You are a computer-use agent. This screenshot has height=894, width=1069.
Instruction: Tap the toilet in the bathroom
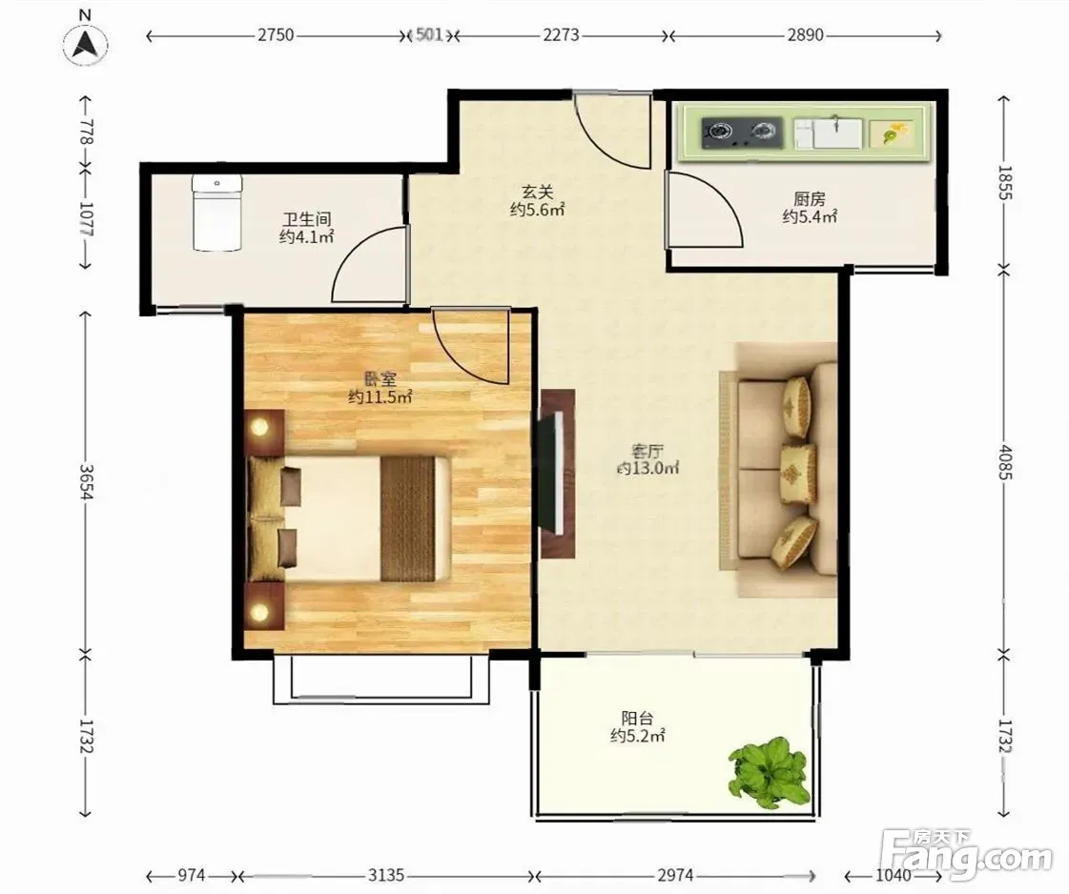click(x=216, y=212)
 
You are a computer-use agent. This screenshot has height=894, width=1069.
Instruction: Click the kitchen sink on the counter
click(x=828, y=132)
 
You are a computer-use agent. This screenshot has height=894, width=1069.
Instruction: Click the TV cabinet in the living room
click(x=558, y=474)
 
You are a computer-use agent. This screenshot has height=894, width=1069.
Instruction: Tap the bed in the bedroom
click(x=349, y=518)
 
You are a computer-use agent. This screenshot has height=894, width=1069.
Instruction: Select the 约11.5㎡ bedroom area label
click(x=380, y=396)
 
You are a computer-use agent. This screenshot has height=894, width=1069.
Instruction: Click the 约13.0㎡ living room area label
click(x=648, y=468)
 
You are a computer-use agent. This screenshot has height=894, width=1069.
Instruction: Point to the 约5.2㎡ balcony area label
click(x=637, y=736)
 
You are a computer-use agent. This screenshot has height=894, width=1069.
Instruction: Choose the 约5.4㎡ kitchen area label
click(x=810, y=216)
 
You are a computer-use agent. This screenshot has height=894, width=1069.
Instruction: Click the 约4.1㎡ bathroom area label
click(x=306, y=237)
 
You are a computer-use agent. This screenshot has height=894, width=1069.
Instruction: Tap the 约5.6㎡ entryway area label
click(x=537, y=210)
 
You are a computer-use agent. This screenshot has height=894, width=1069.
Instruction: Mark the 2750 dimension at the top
click(x=276, y=34)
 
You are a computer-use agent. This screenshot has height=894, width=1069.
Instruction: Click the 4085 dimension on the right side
click(x=1005, y=461)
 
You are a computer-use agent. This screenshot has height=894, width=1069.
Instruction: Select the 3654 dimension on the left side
click(x=86, y=481)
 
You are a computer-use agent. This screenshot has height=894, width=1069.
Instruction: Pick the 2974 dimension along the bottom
click(x=675, y=875)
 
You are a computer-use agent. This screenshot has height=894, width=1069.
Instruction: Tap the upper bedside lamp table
click(x=264, y=432)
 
